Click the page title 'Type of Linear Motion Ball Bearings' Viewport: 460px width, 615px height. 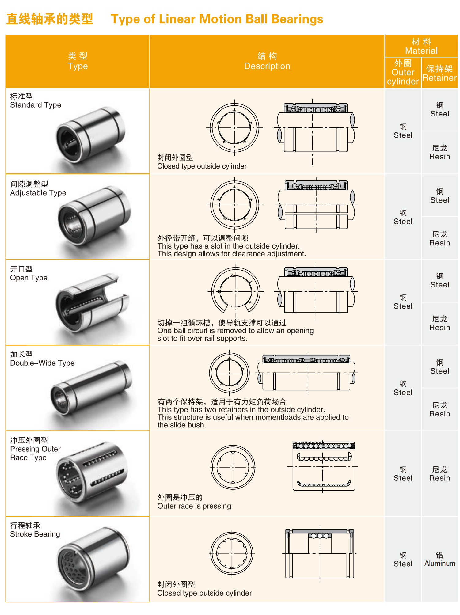click(x=217, y=19)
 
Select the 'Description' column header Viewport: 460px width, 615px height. click(x=267, y=66)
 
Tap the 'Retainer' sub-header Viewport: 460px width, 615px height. click(x=439, y=78)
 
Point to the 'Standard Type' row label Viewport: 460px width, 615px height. click(x=36, y=105)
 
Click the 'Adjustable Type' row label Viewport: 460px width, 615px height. click(x=38, y=193)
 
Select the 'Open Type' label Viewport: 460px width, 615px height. click(x=29, y=278)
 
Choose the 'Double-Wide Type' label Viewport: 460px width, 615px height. click(x=42, y=363)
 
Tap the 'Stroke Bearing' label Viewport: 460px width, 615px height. click(x=35, y=534)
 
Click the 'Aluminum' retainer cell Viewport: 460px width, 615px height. click(x=440, y=563)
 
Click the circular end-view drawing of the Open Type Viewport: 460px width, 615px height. click(x=236, y=291)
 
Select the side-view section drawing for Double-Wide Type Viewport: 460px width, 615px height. click(x=306, y=373)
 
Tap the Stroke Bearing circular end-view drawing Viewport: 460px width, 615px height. click(x=232, y=553)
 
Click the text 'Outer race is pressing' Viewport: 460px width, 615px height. click(x=194, y=506)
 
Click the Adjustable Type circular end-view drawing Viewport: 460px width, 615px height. click(x=235, y=205)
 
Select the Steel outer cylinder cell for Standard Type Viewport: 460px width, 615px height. click(x=403, y=131)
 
